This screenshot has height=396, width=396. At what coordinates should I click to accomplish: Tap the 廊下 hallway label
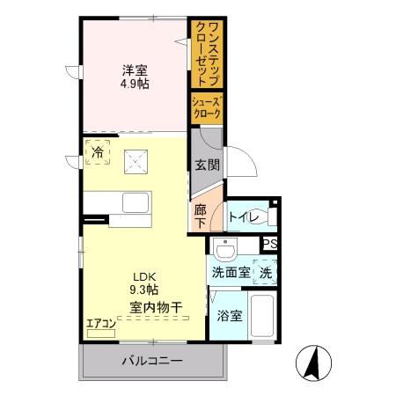[200, 216]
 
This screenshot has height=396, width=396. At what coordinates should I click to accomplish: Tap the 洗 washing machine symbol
[265, 273]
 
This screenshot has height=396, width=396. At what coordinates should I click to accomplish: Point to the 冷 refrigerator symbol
[98, 152]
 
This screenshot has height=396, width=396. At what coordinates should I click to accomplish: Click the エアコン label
[101, 323]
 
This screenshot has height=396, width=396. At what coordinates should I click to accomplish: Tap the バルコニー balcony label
[150, 362]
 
